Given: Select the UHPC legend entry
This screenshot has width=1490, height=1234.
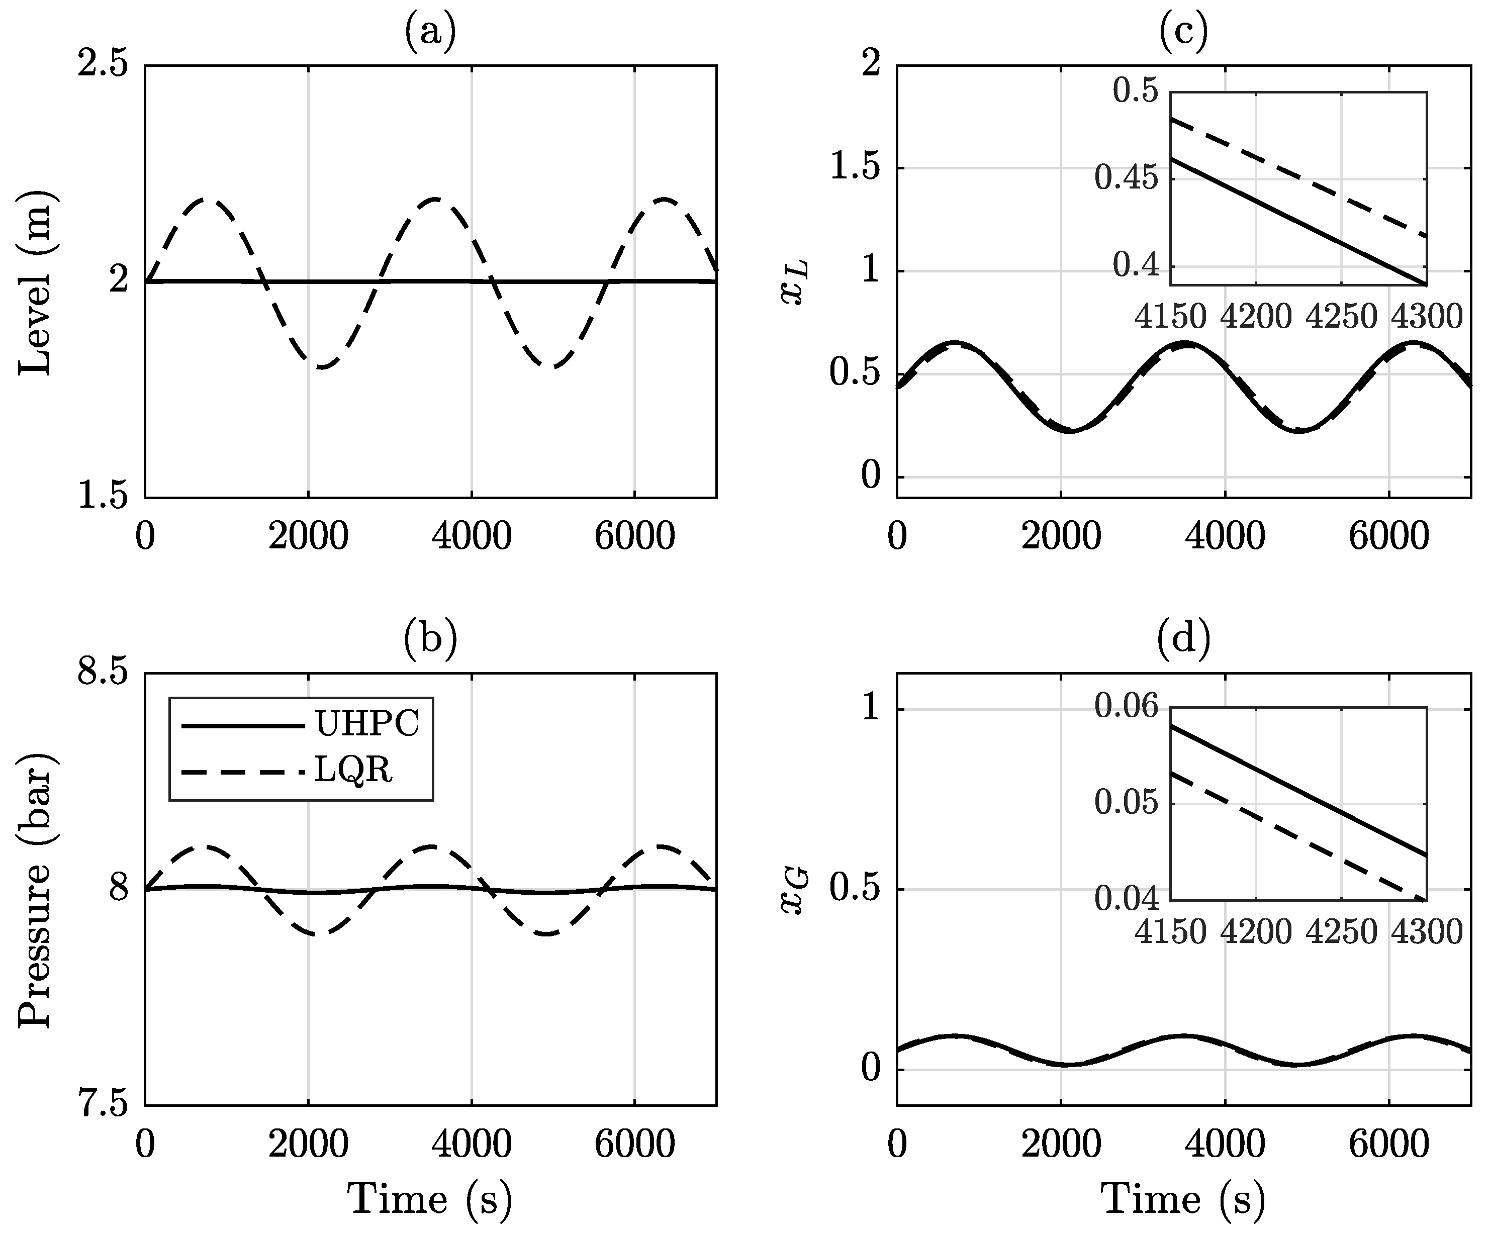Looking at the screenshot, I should (x=367, y=724).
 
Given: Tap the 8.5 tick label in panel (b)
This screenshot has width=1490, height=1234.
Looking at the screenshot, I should (x=103, y=672).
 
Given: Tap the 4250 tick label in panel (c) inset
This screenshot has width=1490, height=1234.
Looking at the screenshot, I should (x=1341, y=317).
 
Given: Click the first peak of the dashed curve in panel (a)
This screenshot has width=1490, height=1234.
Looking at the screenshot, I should (x=206, y=200).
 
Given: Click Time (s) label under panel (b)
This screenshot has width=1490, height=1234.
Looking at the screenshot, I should (x=430, y=1199).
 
